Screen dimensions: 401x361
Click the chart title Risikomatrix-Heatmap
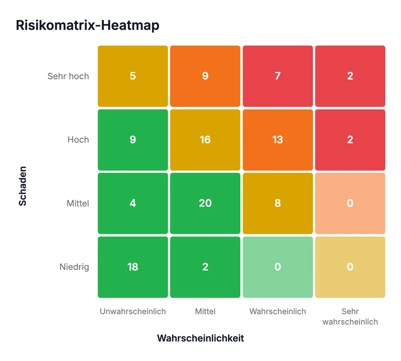pyautogui.click(x=87, y=25)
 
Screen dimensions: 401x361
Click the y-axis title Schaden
pyautogui.click(x=22, y=186)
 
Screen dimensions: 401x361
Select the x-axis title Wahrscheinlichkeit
pyautogui.click(x=200, y=338)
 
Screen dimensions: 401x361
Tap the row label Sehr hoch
pyautogui.click(x=68, y=76)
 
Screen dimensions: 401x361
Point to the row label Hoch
pyautogui.click(x=78, y=140)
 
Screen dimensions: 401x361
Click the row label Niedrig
pyautogui.click(x=74, y=267)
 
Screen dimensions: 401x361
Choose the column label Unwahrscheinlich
pyautogui.click(x=133, y=311)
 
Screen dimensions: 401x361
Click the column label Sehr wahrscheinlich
pyautogui.click(x=350, y=316)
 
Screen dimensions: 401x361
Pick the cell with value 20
pyautogui.click(x=205, y=203)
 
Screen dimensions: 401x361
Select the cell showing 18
pyautogui.click(x=133, y=267)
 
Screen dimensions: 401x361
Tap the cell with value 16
pyautogui.click(x=205, y=140)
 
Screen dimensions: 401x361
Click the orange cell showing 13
pyautogui.click(x=278, y=140)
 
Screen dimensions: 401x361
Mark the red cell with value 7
pyautogui.click(x=278, y=76)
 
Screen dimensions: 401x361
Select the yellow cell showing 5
pyautogui.click(x=133, y=76)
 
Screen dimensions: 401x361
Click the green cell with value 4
pyautogui.click(x=133, y=203)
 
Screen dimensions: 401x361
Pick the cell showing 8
pyautogui.click(x=278, y=203)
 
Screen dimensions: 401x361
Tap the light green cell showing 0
pyautogui.click(x=278, y=267)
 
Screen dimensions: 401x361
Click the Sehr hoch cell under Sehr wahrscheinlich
pyautogui.click(x=350, y=76)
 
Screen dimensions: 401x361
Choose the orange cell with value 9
pyautogui.click(x=205, y=76)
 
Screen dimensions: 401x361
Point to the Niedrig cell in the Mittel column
pyautogui.click(x=205, y=267)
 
